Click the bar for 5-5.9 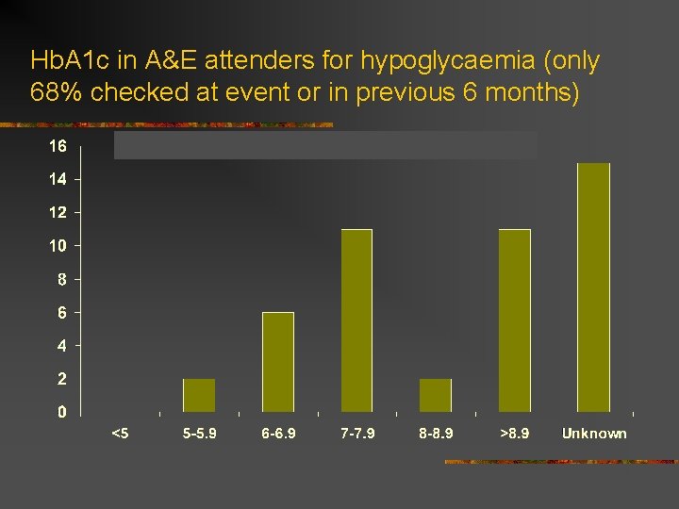(199, 395)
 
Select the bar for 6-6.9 (278, 362)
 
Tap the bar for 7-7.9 (356, 320)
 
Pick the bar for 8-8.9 (436, 395)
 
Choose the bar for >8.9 (515, 320)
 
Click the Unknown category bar (593, 287)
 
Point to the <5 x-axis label (120, 434)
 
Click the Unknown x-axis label (594, 434)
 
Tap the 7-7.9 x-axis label (357, 434)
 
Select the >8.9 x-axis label (515, 434)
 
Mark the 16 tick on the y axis (58, 146)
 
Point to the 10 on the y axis (58, 246)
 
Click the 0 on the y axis (62, 412)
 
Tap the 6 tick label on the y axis (62, 312)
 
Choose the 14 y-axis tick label (58, 179)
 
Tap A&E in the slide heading (171, 62)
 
